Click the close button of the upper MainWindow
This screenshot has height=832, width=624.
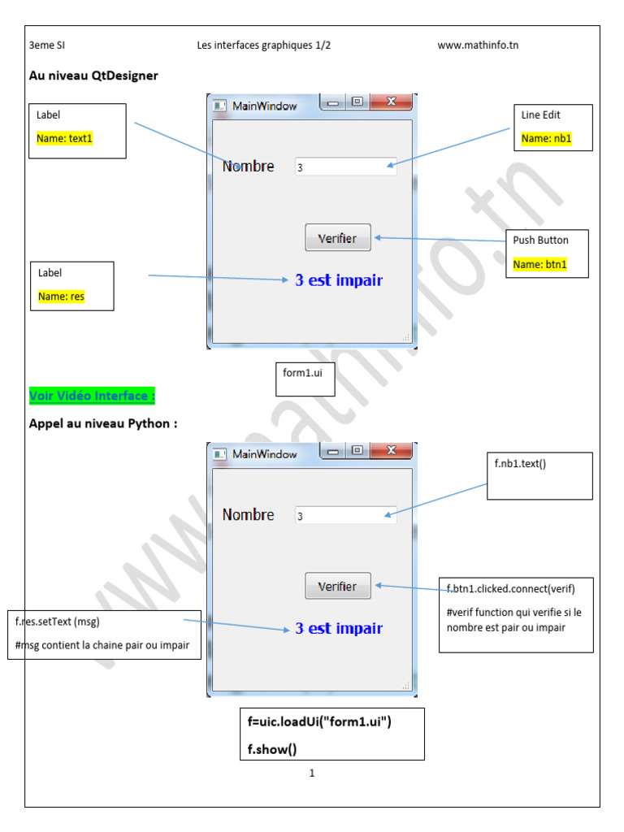pyautogui.click(x=392, y=102)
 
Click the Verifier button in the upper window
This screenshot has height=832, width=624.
pyautogui.click(x=338, y=238)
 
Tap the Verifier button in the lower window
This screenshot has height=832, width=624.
pyautogui.click(x=338, y=586)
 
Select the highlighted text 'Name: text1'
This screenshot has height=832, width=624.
pyautogui.click(x=65, y=138)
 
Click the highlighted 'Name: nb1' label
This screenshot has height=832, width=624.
pyautogui.click(x=546, y=138)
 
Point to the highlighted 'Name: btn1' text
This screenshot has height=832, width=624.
pyautogui.click(x=539, y=264)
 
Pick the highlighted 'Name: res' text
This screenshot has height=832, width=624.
pyautogui.click(x=61, y=297)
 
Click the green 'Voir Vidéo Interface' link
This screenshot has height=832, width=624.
pyautogui.click(x=92, y=396)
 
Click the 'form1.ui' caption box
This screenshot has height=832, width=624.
pyautogui.click(x=303, y=373)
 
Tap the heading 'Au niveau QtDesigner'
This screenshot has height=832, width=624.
pyautogui.click(x=93, y=76)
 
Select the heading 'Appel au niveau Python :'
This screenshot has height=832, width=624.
pyautogui.click(x=103, y=422)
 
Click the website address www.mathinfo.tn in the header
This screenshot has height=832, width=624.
pyautogui.click(x=478, y=45)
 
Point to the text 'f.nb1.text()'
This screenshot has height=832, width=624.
pyautogui.click(x=521, y=463)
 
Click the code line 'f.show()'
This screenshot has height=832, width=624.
pyautogui.click(x=268, y=748)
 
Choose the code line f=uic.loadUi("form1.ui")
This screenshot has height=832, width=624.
pyautogui.click(x=320, y=721)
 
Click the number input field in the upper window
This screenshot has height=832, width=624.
pyautogui.click(x=345, y=167)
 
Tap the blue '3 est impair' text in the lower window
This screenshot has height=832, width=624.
pyautogui.click(x=339, y=628)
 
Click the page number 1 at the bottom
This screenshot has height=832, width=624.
pyautogui.click(x=312, y=773)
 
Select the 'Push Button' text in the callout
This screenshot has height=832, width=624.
pyautogui.click(x=540, y=240)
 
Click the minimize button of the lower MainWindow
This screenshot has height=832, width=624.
pyautogui.click(x=333, y=451)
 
